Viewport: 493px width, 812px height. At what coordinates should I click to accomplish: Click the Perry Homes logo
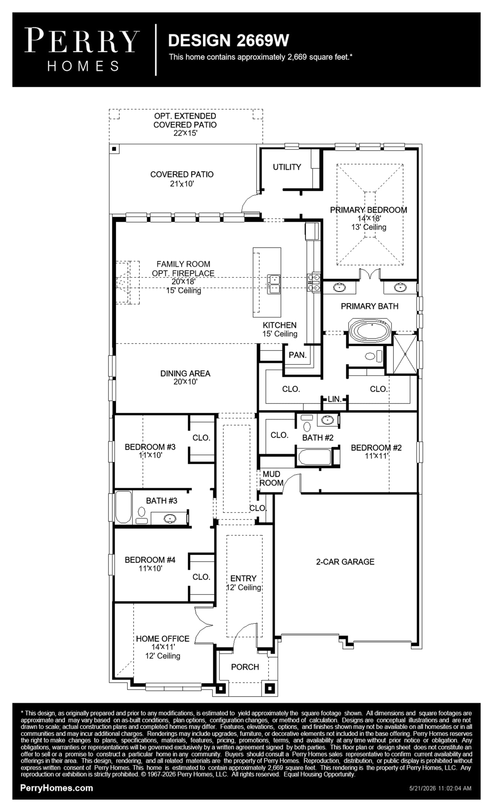point(82,50)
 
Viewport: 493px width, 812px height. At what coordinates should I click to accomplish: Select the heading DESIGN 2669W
point(228,40)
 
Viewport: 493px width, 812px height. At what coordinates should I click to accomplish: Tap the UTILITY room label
point(287,167)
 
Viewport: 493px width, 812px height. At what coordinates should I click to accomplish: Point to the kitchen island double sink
point(274,284)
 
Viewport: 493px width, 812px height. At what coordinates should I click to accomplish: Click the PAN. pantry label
point(297,355)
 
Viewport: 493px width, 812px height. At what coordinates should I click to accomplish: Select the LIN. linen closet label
point(334,399)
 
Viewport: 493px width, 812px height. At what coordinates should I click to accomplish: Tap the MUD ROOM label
point(271,478)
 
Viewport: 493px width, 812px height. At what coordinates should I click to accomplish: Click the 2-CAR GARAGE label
point(345,562)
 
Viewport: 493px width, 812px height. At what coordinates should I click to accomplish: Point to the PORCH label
point(245,667)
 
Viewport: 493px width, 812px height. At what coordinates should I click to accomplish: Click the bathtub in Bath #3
point(123,507)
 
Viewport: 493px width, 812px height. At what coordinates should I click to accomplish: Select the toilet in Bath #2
point(307,424)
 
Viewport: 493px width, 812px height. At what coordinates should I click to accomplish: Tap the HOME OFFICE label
point(162,639)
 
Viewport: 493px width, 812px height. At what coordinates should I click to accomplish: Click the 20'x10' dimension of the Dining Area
point(185,382)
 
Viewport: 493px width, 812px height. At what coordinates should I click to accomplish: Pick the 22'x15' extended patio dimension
point(185,133)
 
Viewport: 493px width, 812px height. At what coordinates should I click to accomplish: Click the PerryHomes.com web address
point(57,788)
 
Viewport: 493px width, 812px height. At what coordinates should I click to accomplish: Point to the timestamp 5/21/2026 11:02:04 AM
point(440,789)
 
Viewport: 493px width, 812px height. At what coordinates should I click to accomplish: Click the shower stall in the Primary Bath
point(405,354)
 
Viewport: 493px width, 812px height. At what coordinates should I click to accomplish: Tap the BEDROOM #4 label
point(150,560)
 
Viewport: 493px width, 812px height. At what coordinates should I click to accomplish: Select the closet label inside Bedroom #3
point(201,438)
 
